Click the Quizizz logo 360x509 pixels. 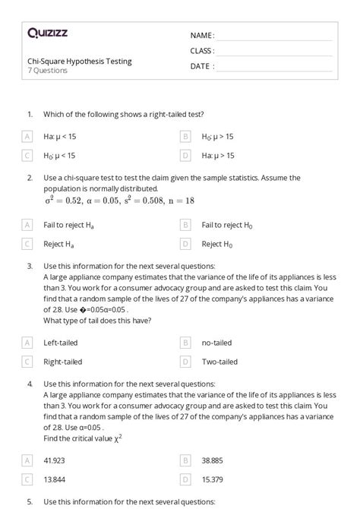click(47, 33)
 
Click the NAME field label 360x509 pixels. click(202, 36)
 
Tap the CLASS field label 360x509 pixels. click(202, 51)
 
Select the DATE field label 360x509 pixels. click(202, 66)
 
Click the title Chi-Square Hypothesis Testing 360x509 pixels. click(79, 62)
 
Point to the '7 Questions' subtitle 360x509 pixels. click(48, 71)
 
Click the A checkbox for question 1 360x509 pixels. click(27, 137)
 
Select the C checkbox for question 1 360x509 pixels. click(27, 156)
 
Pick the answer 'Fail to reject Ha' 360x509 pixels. click(69, 226)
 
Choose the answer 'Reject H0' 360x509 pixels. click(218, 245)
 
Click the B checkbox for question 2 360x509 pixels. click(185, 226)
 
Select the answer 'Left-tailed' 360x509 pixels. click(62, 343)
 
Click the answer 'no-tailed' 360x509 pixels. click(216, 343)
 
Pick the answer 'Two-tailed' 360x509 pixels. click(219, 362)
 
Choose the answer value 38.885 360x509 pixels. click(215, 460)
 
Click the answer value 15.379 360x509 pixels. click(214, 479)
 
